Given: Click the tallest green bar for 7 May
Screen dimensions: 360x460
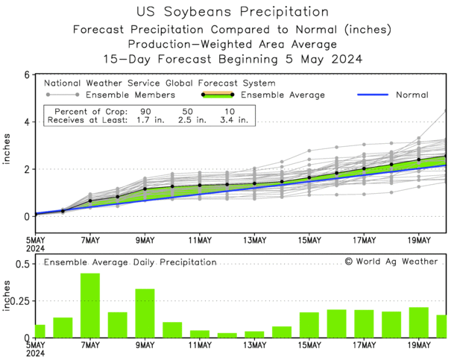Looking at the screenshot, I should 90,306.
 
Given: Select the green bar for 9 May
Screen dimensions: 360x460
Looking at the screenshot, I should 145,313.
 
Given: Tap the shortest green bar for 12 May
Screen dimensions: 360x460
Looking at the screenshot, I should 227,335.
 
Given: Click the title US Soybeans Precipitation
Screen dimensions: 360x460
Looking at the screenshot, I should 233,13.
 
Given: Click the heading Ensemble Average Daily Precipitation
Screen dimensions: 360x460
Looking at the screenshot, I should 130,262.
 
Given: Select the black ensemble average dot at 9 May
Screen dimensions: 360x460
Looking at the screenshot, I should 145,189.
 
